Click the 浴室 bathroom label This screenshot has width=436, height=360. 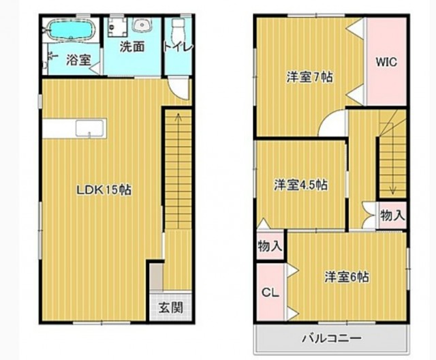click(78, 59)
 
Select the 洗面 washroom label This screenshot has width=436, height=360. click(132, 48)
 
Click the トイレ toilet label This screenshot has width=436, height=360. click(178, 47)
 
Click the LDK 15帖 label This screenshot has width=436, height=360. click(104, 191)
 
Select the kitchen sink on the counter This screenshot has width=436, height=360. click(89, 128)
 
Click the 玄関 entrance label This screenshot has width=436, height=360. click(171, 307)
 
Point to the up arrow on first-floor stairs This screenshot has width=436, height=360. click(178, 117)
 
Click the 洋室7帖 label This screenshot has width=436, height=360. click(309, 76)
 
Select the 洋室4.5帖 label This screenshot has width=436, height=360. click(300, 184)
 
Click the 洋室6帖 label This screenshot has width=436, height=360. click(347, 277)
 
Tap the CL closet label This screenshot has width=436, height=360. click(270, 292)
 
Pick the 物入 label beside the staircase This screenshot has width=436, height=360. click(392, 215)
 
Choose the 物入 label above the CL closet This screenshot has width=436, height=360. click(270, 246)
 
